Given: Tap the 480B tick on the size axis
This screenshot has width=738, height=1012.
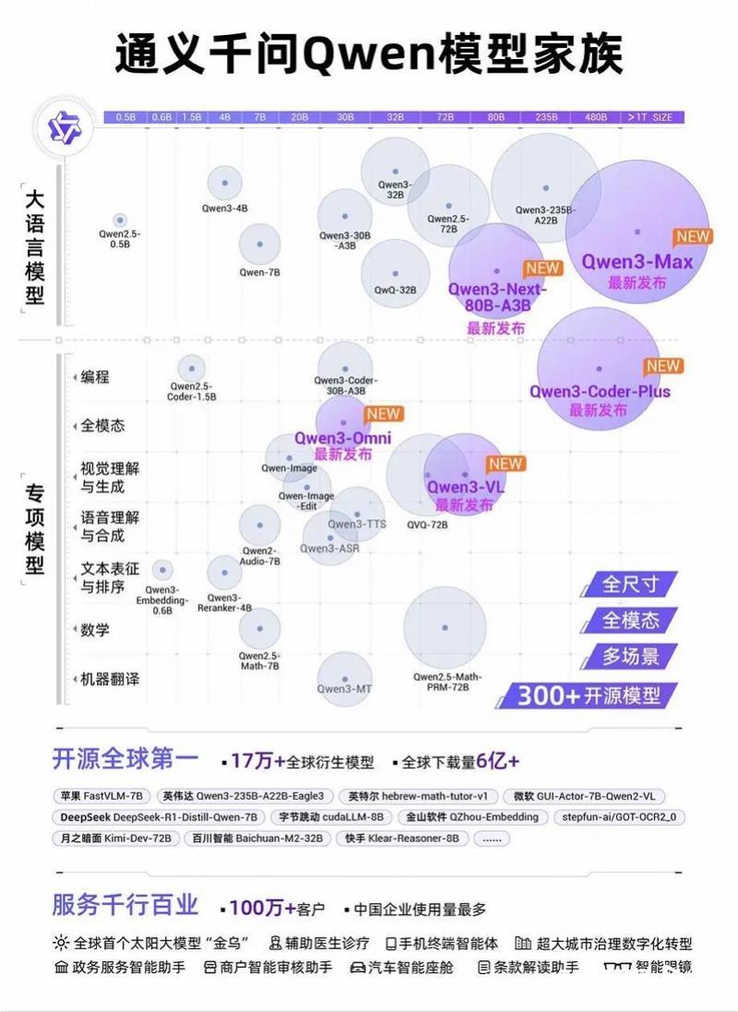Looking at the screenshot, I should click(x=595, y=117).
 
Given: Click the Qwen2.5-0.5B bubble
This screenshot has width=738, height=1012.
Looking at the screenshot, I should click(x=120, y=220).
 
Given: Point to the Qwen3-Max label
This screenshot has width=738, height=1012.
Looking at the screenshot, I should click(x=637, y=261).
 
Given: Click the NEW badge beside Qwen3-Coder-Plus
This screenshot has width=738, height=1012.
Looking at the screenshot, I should click(x=662, y=366).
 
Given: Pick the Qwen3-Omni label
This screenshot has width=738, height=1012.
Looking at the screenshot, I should click(x=343, y=437).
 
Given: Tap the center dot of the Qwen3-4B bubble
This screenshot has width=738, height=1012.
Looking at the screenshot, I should click(x=224, y=183).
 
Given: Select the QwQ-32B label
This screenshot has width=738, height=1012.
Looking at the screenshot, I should click(x=395, y=290).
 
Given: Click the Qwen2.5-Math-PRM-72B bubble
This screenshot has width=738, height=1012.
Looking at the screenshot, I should click(x=445, y=627).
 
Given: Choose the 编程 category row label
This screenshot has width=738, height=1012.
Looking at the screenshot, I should click(x=95, y=376).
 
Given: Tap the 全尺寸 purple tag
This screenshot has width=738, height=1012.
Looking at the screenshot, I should click(x=631, y=584).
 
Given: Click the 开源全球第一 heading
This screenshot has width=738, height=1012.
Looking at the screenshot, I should click(x=125, y=760).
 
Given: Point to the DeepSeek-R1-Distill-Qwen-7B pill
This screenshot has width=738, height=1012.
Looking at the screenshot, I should click(x=160, y=817).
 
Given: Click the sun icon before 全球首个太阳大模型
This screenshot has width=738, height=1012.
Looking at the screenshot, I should click(x=61, y=943).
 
